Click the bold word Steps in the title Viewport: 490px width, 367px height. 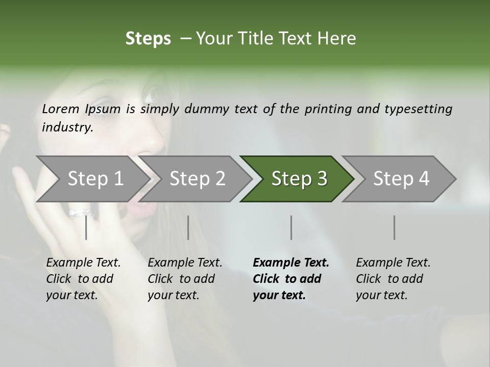tap(148, 39)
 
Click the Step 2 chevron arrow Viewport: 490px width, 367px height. tap(194, 179)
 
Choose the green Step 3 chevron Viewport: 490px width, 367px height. tap(297, 179)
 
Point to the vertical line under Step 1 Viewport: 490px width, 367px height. tap(86, 227)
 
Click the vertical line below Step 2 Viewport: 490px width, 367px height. tap(188, 227)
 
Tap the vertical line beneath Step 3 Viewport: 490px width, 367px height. tap(291, 227)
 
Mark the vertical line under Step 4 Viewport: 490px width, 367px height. tap(394, 227)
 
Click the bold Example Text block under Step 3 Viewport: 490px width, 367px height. tap(290, 279)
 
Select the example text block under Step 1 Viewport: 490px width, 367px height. tap(83, 279)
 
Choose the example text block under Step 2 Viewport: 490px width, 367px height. tap(185, 279)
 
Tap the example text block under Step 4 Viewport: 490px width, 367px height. tap(393, 279)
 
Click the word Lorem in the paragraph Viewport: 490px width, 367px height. tap(61, 109)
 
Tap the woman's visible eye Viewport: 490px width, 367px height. tap(151, 95)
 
